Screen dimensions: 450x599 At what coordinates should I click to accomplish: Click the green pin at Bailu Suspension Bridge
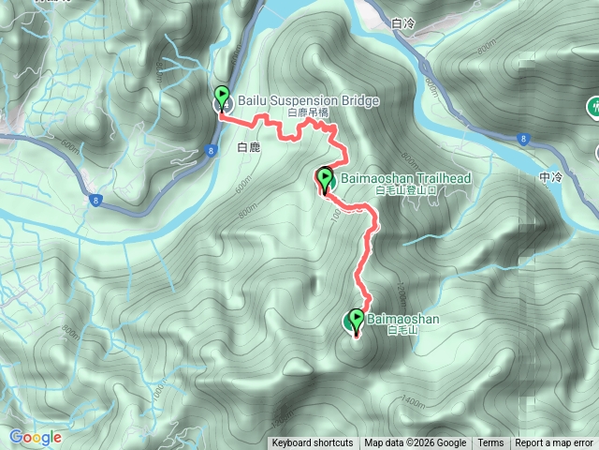tap(223, 97)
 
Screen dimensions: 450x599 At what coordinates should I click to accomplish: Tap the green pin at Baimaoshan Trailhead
tap(326, 178)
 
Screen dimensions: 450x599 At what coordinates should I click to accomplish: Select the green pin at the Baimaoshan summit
tap(356, 320)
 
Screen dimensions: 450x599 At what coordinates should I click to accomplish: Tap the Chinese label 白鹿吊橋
tap(308, 112)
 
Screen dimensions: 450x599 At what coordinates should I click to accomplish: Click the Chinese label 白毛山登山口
tap(380, 189)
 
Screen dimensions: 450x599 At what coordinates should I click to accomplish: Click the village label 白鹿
tap(249, 147)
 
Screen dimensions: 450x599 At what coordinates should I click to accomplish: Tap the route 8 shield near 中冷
tap(522, 139)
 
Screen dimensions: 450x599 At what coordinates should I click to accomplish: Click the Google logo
tap(35, 437)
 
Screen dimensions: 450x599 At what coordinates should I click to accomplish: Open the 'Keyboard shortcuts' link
tap(312, 443)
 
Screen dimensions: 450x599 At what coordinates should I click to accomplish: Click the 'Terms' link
tap(490, 443)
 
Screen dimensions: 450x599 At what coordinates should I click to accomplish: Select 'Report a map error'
tap(554, 443)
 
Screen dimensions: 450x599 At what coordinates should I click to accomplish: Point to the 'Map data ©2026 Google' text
tap(416, 443)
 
